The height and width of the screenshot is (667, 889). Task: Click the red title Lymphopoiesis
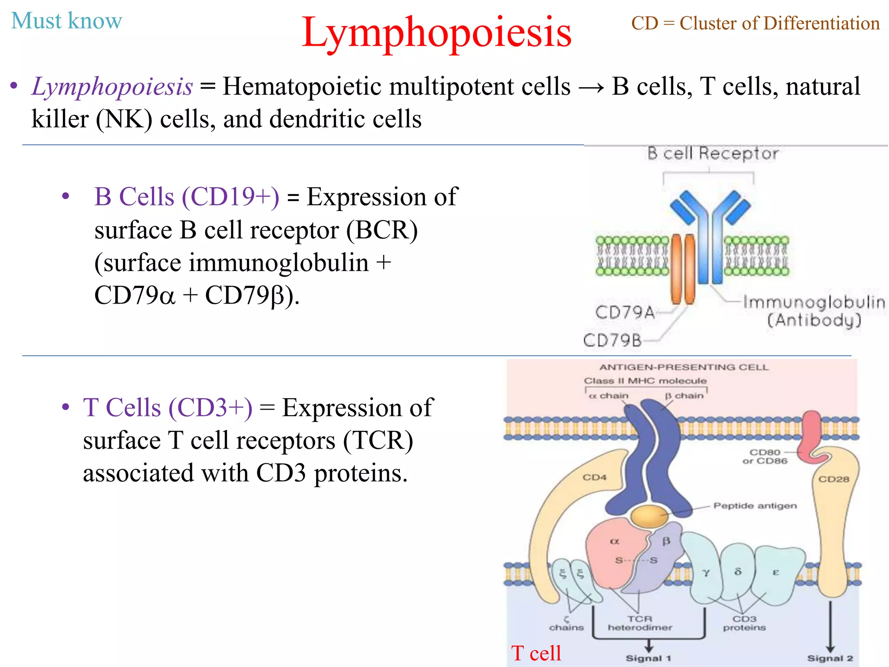pyautogui.click(x=436, y=33)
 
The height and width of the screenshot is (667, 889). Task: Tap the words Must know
pyautogui.click(x=66, y=21)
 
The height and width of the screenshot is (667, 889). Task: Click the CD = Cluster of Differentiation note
pyautogui.click(x=755, y=23)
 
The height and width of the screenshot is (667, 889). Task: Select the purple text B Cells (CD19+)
pyautogui.click(x=187, y=197)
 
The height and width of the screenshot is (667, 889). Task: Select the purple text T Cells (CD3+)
pyautogui.click(x=168, y=408)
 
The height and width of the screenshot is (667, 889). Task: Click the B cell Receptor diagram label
pyautogui.click(x=713, y=154)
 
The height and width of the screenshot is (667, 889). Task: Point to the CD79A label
pyautogui.click(x=624, y=312)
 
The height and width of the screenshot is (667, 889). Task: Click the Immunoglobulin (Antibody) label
pyautogui.click(x=814, y=311)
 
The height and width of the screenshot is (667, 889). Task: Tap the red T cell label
pyautogui.click(x=536, y=653)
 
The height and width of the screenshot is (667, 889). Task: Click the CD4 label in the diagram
pyautogui.click(x=594, y=477)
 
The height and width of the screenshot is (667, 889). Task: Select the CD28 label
pyautogui.click(x=833, y=479)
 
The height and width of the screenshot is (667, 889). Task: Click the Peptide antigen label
pyautogui.click(x=755, y=506)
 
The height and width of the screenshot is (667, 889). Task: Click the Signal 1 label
pyautogui.click(x=648, y=658)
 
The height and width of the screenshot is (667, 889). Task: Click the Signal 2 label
pyautogui.click(x=830, y=658)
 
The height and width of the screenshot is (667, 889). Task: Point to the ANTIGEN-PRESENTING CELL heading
pyautogui.click(x=684, y=367)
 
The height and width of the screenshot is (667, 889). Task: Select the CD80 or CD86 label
pyautogui.click(x=764, y=456)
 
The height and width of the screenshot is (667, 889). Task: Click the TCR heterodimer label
pyautogui.click(x=640, y=623)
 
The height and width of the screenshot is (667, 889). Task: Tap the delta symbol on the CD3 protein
pyautogui.click(x=738, y=571)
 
